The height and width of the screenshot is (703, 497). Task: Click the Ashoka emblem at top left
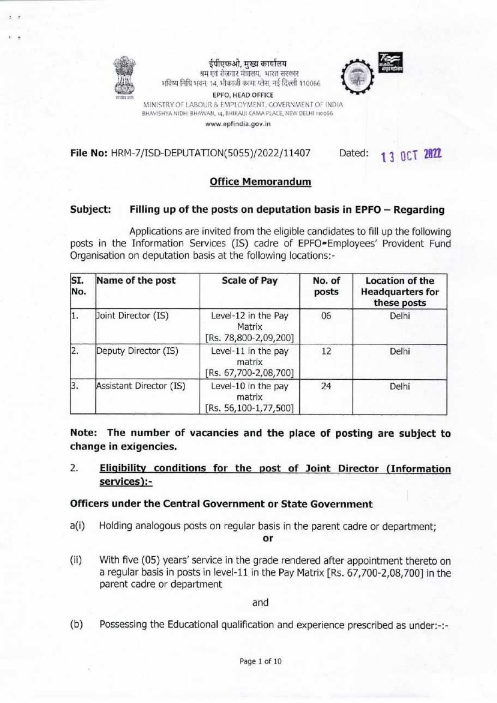click(x=124, y=77)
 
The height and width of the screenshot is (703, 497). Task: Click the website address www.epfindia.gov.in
click(x=238, y=124)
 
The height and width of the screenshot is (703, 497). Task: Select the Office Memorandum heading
click(x=261, y=181)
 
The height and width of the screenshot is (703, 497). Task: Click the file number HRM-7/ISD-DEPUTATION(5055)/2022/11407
click(x=210, y=153)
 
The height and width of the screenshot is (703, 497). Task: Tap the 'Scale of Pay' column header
click(x=249, y=281)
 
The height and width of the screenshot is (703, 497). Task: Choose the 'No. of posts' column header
click(x=326, y=286)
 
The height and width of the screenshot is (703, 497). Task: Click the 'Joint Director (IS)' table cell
click(x=132, y=316)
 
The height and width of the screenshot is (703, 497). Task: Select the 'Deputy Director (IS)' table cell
click(x=137, y=351)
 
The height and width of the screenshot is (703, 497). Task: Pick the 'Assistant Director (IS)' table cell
click(x=140, y=386)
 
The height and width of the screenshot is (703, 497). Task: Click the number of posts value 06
click(x=326, y=316)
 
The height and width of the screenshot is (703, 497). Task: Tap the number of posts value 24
click(x=326, y=386)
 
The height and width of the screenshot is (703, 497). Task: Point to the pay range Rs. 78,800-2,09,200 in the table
click(x=249, y=338)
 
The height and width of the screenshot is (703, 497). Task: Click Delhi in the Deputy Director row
click(x=400, y=351)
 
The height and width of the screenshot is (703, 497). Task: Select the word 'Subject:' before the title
click(x=90, y=209)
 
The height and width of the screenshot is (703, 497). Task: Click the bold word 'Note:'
click(x=84, y=433)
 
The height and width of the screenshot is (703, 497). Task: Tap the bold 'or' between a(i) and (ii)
click(x=268, y=538)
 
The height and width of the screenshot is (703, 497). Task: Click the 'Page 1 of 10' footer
click(x=261, y=661)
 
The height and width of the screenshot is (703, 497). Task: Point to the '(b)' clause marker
click(x=76, y=624)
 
